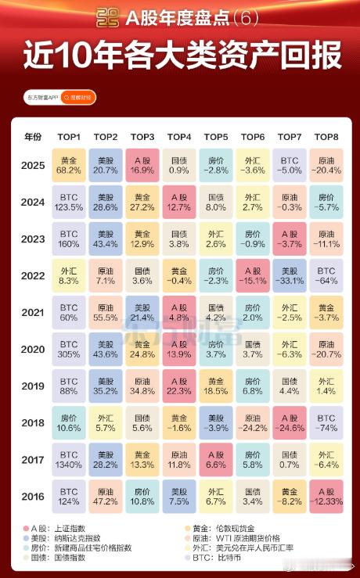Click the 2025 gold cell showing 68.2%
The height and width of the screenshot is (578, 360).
tap(68, 165)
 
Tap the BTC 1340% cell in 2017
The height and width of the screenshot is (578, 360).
tap(68, 461)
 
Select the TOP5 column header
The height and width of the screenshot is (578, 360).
tap(216, 136)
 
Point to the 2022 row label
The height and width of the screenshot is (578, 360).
tap(33, 276)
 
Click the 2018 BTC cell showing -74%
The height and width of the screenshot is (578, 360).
tap(326, 424)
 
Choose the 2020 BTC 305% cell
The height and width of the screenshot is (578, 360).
tap(68, 350)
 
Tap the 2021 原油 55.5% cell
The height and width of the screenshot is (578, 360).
tap(105, 313)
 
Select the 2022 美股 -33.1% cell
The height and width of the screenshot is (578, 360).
tap(290, 276)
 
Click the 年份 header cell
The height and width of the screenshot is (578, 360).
tap(33, 136)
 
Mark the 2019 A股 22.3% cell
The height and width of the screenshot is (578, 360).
tap(179, 387)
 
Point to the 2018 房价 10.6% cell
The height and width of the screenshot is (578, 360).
tap(68, 424)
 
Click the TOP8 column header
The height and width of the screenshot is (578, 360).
tap(326, 136)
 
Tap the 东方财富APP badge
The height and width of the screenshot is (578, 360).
tap(41, 98)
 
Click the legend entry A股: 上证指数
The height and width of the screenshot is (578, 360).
tap(59, 529)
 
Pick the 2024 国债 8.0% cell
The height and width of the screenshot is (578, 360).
tap(216, 202)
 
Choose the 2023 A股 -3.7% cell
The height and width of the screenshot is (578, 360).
tap(290, 239)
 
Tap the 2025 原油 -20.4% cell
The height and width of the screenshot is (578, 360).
tap(326, 165)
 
